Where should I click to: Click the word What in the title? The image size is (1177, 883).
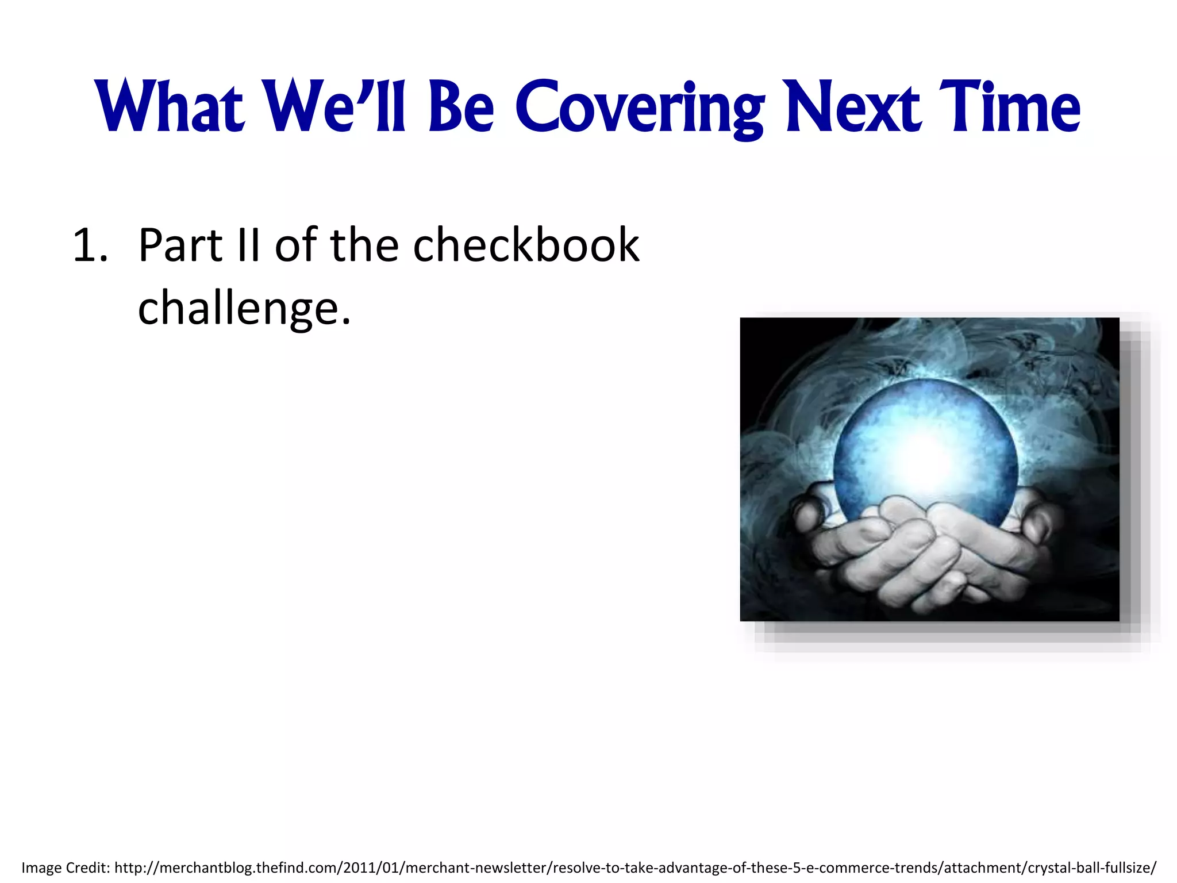click(x=171, y=108)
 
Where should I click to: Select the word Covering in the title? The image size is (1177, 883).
click(x=639, y=108)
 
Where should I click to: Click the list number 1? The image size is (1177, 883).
click(x=90, y=246)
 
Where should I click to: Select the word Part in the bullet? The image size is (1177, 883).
click(x=180, y=246)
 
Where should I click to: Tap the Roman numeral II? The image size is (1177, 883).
click(x=248, y=246)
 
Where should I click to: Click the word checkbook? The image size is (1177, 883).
click(x=526, y=246)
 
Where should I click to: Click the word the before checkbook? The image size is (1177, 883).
click(x=364, y=246)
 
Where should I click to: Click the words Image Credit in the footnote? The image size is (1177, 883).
click(x=65, y=867)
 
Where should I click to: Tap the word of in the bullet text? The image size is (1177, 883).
click(x=295, y=246)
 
